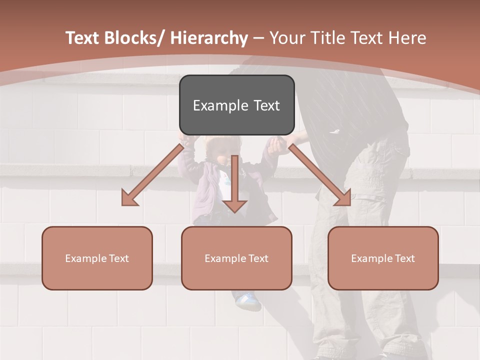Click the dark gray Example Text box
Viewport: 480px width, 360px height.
[x=236, y=105]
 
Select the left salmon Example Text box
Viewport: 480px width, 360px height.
[x=97, y=258]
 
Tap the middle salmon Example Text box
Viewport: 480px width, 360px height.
[x=236, y=258]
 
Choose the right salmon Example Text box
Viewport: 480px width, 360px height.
[x=383, y=258]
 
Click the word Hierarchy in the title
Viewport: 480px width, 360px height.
[x=209, y=38]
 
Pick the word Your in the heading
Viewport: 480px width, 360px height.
[x=287, y=38]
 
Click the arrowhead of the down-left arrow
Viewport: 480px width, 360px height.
[x=129, y=198]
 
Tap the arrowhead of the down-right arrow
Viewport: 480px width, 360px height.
[x=343, y=197]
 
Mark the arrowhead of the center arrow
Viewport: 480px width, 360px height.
[x=234, y=205]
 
